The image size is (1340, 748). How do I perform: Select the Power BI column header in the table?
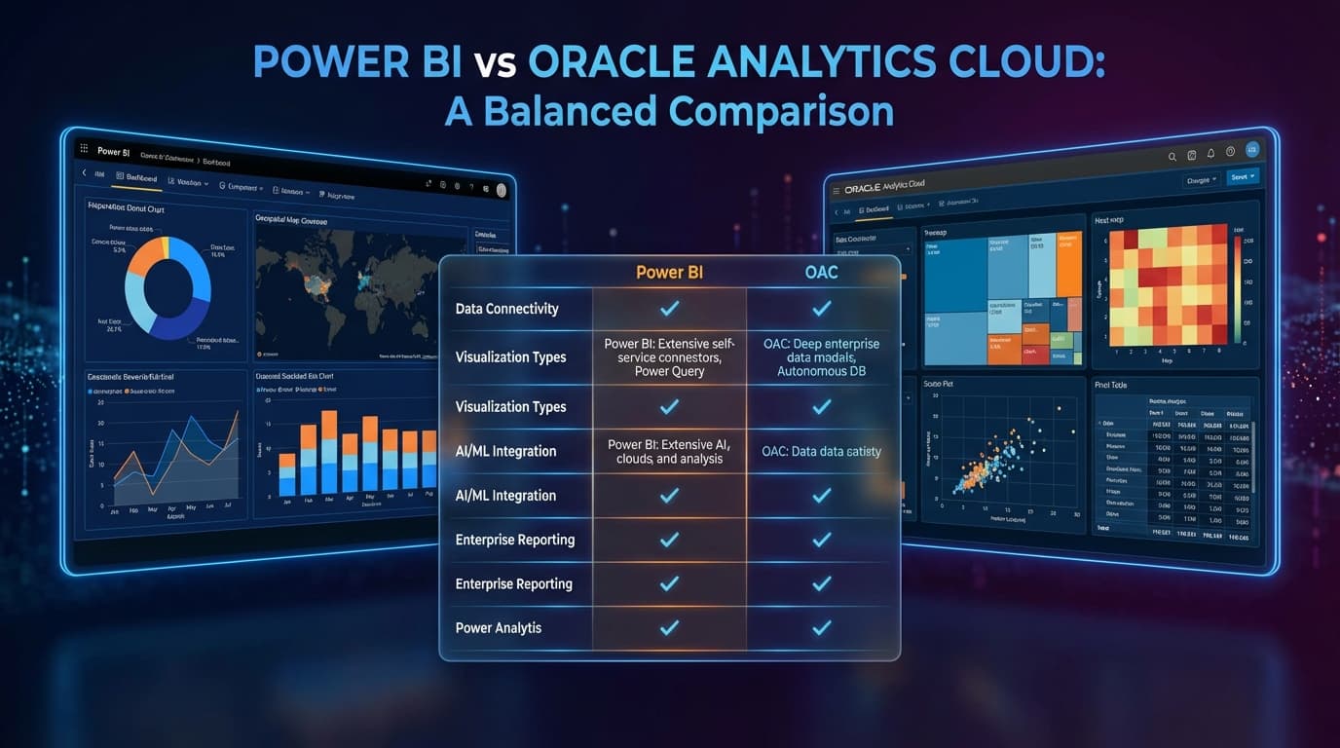(x=669, y=272)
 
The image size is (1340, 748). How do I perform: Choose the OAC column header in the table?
(x=821, y=272)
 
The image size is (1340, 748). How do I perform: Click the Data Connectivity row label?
(x=506, y=309)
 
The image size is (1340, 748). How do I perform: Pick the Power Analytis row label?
(x=498, y=628)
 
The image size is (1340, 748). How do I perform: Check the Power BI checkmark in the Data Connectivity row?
(x=669, y=309)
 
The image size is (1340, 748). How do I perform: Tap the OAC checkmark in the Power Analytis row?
(x=821, y=628)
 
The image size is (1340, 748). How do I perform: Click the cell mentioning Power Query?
(x=669, y=357)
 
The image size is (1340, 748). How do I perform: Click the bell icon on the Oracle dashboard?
(x=1210, y=153)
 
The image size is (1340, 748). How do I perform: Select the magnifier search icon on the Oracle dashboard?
(x=1172, y=156)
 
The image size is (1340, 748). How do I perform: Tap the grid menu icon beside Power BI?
(x=84, y=150)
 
